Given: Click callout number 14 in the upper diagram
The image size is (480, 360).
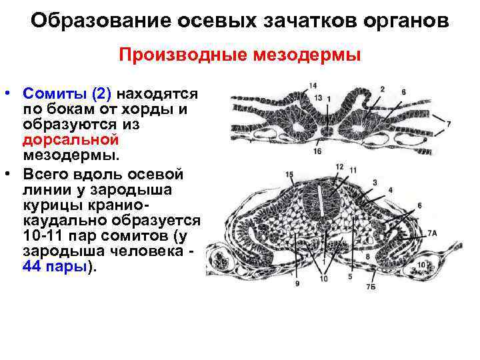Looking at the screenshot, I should pyautogui.click(x=313, y=85).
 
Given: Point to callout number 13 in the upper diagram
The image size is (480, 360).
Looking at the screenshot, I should pyautogui.click(x=318, y=98).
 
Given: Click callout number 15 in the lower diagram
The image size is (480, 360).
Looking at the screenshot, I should pyautogui.click(x=289, y=175).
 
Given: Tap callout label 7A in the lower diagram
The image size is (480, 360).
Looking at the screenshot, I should pyautogui.click(x=431, y=233).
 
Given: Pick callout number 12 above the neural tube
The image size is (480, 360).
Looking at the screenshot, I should pyautogui.click(x=339, y=167).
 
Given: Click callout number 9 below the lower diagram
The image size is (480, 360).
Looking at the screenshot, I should pyautogui.click(x=297, y=284).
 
